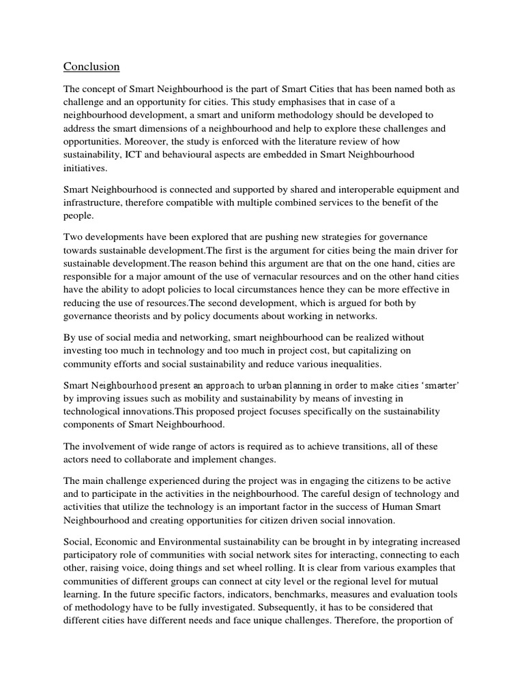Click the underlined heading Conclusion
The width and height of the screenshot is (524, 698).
coord(91,66)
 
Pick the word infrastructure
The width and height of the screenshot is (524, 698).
coord(95,203)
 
